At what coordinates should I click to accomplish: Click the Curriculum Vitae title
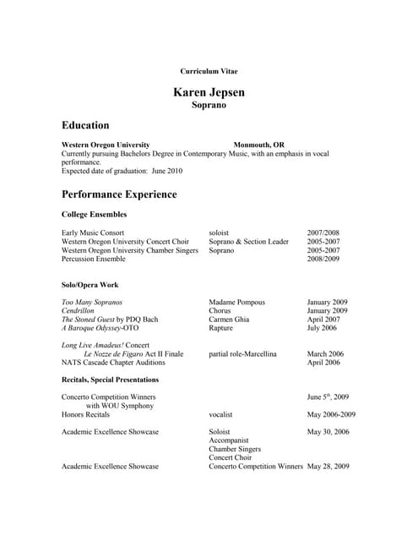click(209, 71)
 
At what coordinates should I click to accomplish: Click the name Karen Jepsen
click(209, 91)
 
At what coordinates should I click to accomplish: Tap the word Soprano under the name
click(209, 106)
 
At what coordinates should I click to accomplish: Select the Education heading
click(85, 125)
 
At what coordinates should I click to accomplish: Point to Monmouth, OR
click(259, 145)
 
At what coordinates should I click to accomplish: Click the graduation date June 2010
click(166, 171)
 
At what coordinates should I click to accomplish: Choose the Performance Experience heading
click(119, 194)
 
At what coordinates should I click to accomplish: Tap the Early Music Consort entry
click(93, 232)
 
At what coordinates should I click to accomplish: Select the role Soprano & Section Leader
click(248, 241)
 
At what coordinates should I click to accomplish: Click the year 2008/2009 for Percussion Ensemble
click(323, 259)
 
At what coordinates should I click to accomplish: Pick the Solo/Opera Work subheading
click(90, 285)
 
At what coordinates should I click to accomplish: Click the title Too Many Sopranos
click(92, 302)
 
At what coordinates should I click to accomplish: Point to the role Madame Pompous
click(236, 302)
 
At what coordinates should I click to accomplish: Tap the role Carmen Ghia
click(231, 320)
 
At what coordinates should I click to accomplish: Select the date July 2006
click(322, 328)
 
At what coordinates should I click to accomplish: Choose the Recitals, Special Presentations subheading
click(111, 380)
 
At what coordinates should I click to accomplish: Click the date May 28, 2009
click(328, 466)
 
